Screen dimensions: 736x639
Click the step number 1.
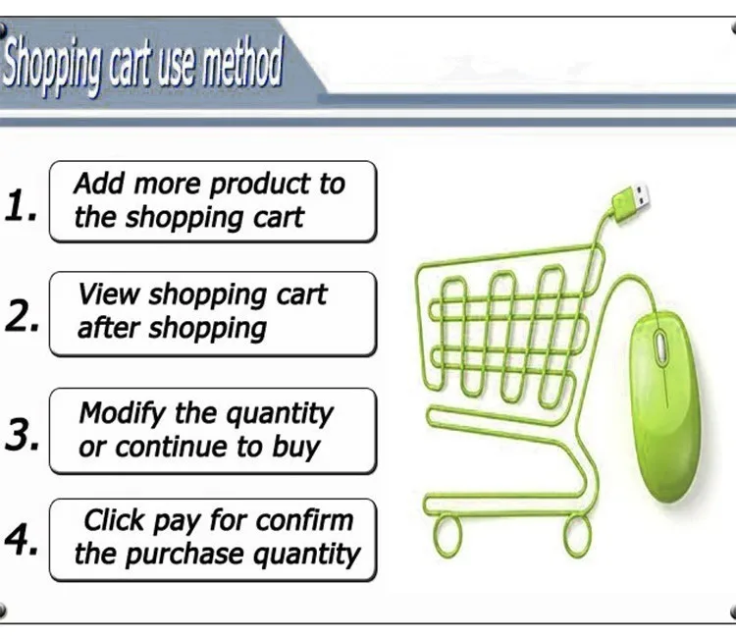[x=21, y=205]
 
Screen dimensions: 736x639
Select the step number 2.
[x=22, y=316]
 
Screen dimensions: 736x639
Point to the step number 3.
[x=22, y=434]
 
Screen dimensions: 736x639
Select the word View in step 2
[x=109, y=294]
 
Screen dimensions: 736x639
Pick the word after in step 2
[x=109, y=327]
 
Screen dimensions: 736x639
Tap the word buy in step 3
[x=296, y=448]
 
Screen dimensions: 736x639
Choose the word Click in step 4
[x=114, y=520]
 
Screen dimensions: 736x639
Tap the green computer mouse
[x=664, y=405]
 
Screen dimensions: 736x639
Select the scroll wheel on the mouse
[x=660, y=347]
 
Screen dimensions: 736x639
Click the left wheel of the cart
[x=447, y=536]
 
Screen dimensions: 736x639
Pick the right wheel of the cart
[x=576, y=536]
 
